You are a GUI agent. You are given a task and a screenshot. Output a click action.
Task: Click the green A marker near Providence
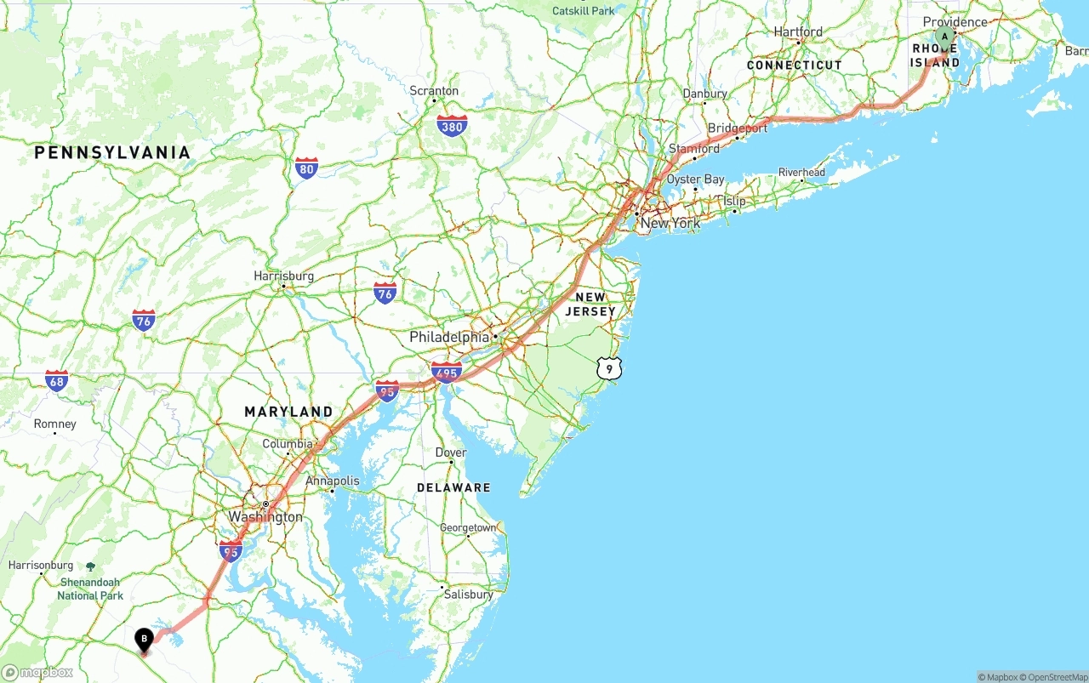tap(944, 37)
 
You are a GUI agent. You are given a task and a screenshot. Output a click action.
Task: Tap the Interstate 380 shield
tap(452, 127)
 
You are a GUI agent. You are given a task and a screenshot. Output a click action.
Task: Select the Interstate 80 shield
tap(307, 168)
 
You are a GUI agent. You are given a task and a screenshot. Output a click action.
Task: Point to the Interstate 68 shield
tap(57, 380)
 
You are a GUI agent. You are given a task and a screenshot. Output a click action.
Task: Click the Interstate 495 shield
tap(447, 372)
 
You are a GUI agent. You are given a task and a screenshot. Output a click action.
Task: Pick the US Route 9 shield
tap(609, 368)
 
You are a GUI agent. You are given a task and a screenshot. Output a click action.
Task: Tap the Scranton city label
tap(434, 91)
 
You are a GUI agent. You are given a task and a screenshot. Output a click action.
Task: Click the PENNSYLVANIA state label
tap(112, 153)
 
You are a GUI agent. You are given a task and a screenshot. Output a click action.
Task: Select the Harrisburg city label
tap(283, 276)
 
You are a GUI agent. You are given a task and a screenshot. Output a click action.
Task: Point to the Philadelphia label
tap(449, 337)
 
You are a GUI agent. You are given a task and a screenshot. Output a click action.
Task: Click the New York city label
tap(670, 224)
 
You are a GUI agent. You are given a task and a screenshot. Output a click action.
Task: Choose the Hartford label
tap(798, 32)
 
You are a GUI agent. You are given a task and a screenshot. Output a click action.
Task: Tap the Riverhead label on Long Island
tap(801, 173)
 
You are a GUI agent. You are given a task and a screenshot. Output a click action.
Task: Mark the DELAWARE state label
tap(453, 487)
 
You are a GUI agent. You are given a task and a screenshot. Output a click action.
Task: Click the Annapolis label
tap(333, 481)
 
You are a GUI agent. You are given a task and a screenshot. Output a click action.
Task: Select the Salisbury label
tap(468, 595)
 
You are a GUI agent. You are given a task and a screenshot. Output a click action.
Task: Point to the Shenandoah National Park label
tap(90, 589)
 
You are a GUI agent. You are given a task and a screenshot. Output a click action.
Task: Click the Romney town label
tap(54, 424)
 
